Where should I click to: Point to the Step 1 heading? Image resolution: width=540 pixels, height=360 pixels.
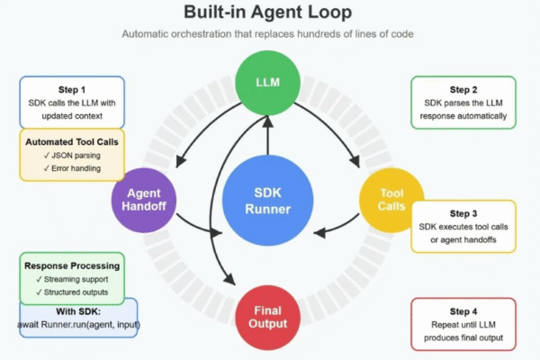pyautogui.click(x=73, y=90)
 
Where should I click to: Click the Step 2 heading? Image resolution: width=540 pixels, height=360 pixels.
pyautogui.click(x=463, y=90)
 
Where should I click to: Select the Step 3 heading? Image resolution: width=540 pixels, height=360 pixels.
pyautogui.click(x=463, y=212)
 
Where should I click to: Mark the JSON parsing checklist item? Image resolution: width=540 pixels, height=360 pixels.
pyautogui.click(x=74, y=155)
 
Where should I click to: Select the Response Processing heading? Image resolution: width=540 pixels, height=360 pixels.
pyautogui.click(x=72, y=265)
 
